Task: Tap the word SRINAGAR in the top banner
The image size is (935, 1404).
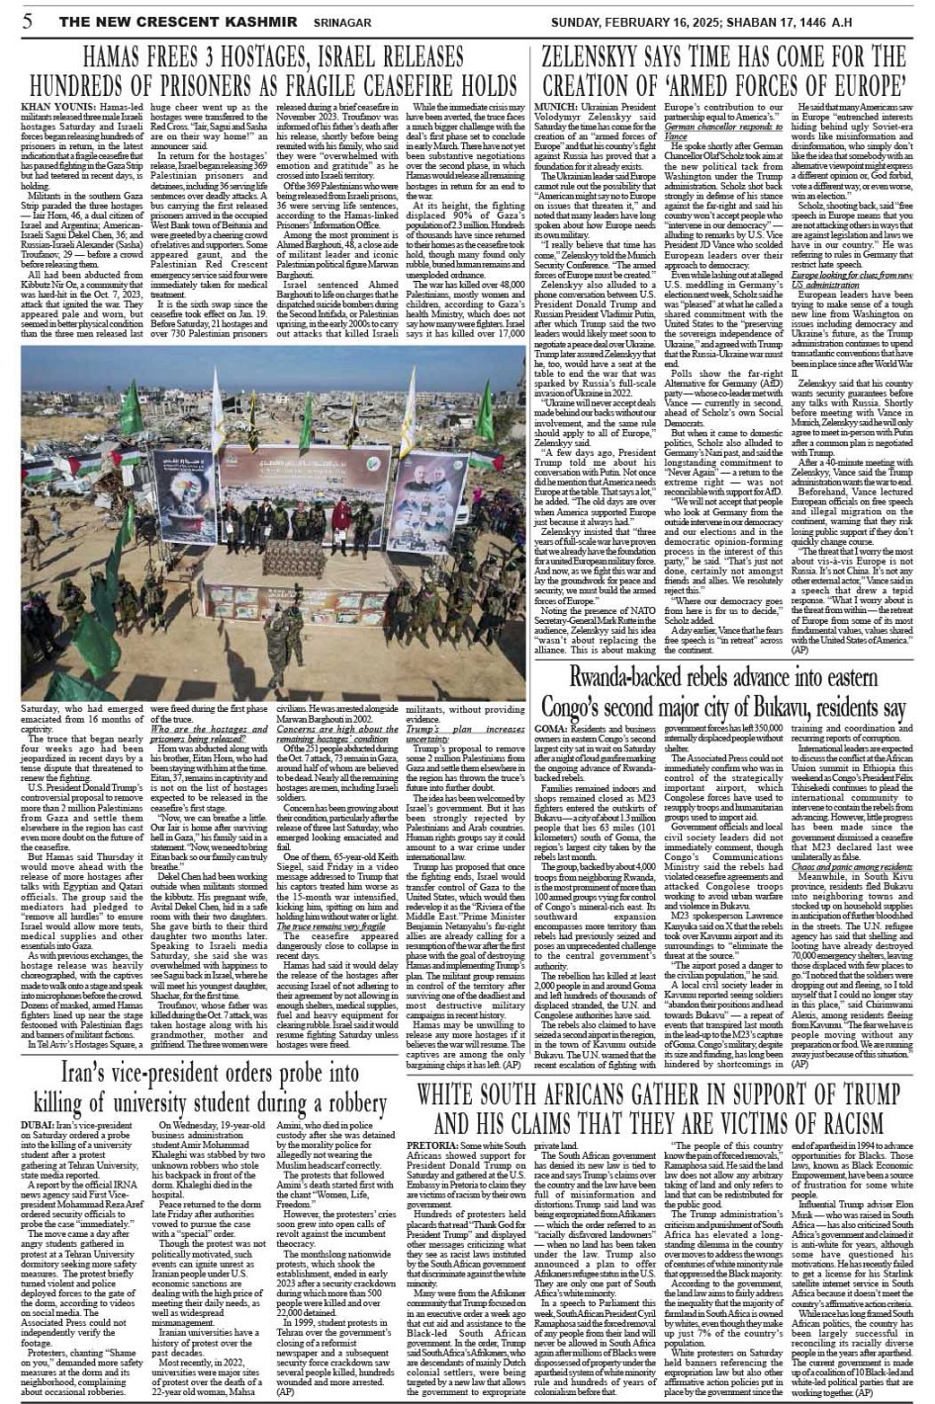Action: pos(316,18)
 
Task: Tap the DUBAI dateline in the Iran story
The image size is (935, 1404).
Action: pos(41,1124)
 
